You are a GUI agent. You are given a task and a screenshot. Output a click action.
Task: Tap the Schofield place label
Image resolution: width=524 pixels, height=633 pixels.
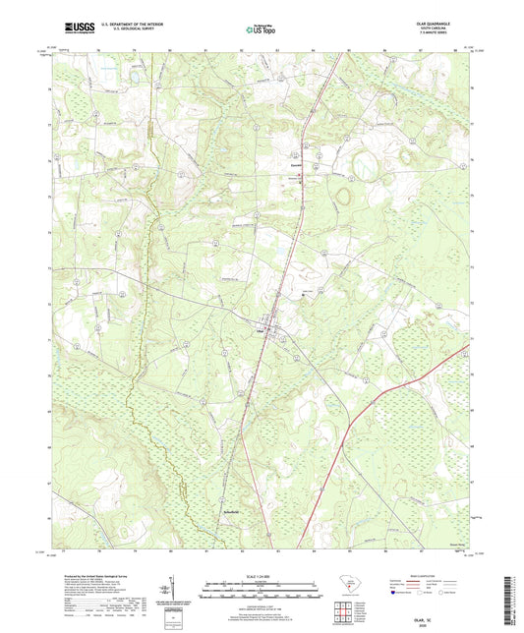(x=228, y=510)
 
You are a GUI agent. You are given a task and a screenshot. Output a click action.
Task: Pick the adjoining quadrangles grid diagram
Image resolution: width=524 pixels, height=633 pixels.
(x=344, y=609)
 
